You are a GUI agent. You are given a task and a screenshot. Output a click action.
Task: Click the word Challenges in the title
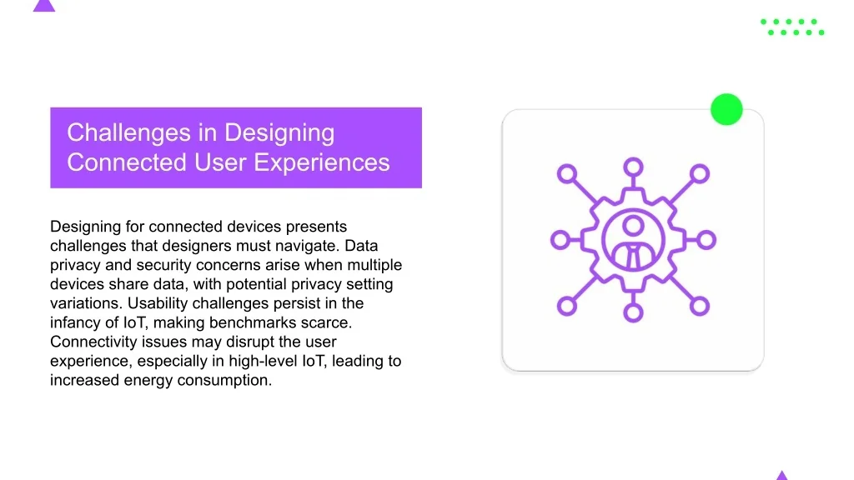click(128, 133)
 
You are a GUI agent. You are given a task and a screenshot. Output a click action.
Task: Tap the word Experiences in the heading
click(322, 162)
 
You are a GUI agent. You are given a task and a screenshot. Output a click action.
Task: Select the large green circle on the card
click(726, 109)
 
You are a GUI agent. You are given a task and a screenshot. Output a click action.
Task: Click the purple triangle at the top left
click(44, 6)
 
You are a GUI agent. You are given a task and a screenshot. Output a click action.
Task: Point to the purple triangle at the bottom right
click(782, 475)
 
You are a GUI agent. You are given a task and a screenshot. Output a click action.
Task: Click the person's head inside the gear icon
click(633, 225)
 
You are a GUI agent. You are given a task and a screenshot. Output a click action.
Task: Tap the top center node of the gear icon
click(633, 167)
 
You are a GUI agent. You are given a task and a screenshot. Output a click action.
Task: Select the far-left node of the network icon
click(560, 240)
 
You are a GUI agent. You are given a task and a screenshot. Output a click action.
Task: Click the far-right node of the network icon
click(706, 240)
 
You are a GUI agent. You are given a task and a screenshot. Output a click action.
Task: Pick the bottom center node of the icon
click(633, 312)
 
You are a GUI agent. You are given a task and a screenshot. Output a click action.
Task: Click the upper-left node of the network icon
click(567, 173)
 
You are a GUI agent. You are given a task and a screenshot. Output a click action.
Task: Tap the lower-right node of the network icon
click(700, 306)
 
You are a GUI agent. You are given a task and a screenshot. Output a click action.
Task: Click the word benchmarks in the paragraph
click(253, 322)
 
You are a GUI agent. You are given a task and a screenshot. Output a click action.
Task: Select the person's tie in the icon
click(633, 257)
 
